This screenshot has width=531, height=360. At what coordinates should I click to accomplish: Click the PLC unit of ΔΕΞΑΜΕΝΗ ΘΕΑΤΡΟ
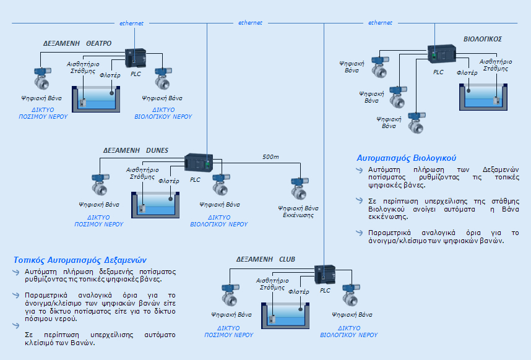136,58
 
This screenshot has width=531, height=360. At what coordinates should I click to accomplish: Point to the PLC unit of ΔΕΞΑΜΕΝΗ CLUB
326,274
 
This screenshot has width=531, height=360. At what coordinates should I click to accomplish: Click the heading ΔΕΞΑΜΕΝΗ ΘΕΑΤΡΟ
77,44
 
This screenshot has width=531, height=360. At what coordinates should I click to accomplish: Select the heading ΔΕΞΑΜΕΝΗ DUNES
136,150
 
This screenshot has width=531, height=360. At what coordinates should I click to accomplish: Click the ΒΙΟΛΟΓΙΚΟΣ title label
483,39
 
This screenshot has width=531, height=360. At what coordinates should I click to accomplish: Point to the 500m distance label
270,156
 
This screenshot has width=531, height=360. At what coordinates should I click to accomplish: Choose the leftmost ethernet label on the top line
131,24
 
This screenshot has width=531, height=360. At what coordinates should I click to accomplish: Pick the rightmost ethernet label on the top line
380,23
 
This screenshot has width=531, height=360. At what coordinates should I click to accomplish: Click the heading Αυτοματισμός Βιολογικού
407,157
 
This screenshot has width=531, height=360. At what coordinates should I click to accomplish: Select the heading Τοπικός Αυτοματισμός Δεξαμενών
80,260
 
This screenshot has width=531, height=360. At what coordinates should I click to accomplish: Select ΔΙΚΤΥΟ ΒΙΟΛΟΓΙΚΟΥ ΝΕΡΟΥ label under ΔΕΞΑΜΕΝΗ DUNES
218,221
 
